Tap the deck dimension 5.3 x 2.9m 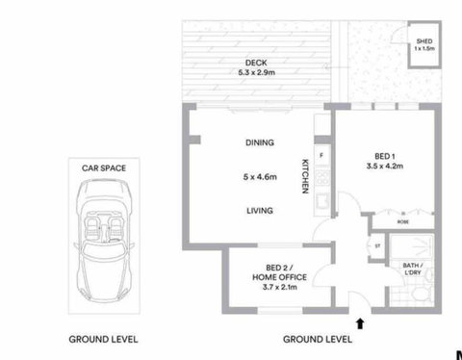coord(256,73)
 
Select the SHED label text coord(423,40)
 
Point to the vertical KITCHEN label coord(305,175)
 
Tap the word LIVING coord(259,211)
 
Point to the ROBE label coord(402,220)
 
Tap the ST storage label coord(376,244)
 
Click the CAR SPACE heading coord(104,167)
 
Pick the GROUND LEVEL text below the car coord(103,339)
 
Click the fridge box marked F coord(321,154)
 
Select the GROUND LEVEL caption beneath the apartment coord(317,339)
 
